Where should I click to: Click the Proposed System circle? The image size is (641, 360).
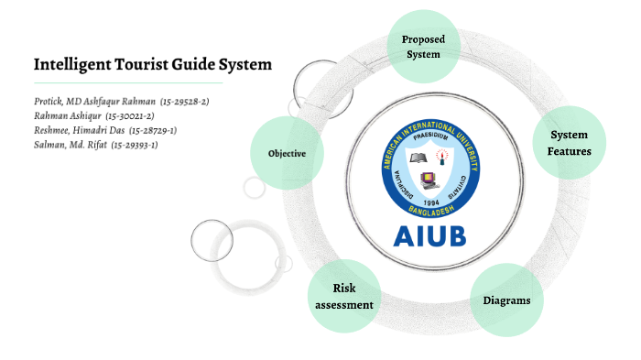click(422, 46)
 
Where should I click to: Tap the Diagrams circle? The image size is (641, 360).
click(506, 300)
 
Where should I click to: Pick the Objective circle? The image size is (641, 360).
click(286, 153)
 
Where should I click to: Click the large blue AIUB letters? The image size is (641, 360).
click(429, 235)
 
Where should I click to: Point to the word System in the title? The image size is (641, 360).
click(244, 65)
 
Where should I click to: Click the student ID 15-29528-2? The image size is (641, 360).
click(184, 102)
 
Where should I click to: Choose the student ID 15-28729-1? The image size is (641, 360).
click(153, 131)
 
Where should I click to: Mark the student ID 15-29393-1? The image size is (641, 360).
click(134, 146)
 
